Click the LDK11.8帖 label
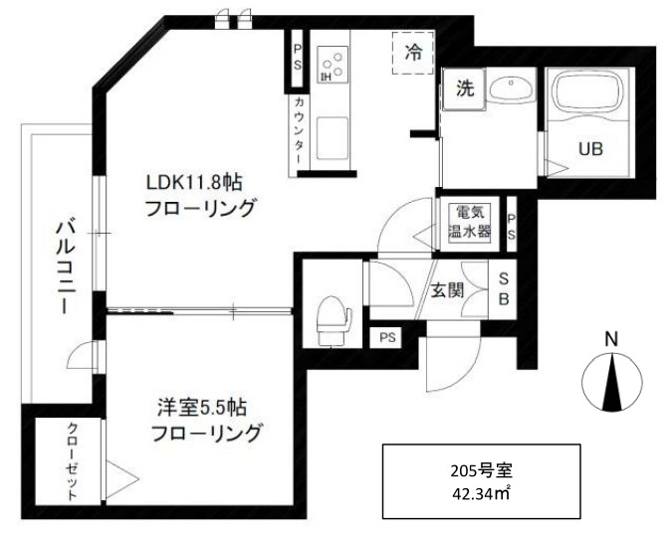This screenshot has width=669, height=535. [x=195, y=183]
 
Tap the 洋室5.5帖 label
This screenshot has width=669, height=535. [x=202, y=407]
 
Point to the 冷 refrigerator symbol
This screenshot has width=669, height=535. [x=412, y=55]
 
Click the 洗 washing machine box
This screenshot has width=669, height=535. [x=464, y=88]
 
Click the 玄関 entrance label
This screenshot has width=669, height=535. [x=448, y=290]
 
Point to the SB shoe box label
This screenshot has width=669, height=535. [x=504, y=289]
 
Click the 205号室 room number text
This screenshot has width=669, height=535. [x=481, y=466]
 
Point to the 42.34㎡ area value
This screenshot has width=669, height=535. [x=481, y=491]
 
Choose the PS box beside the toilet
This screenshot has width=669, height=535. [x=386, y=337]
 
